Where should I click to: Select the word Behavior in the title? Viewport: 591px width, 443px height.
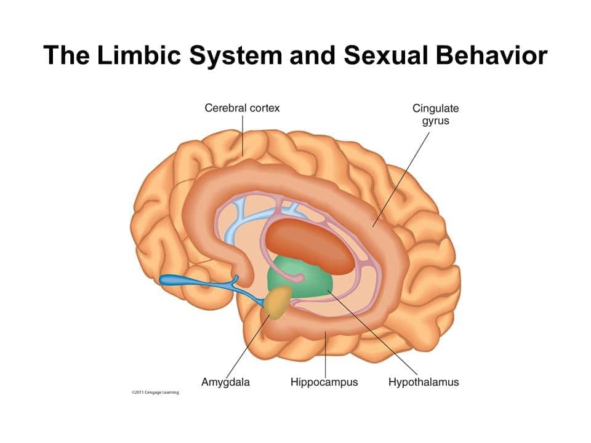coord(491,55)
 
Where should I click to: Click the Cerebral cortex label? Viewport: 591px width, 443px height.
coord(242,108)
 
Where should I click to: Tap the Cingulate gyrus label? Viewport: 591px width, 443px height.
coord(435,114)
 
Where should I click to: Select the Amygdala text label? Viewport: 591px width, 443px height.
coord(225,382)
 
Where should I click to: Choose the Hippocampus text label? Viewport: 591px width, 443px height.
coord(324,382)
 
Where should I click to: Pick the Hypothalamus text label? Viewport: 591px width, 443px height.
coord(424,382)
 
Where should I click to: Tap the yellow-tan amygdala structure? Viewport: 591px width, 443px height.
coord(279,303)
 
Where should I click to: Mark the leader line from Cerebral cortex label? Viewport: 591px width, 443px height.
coord(242,135)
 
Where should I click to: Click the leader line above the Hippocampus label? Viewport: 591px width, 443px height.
coord(324,354)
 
